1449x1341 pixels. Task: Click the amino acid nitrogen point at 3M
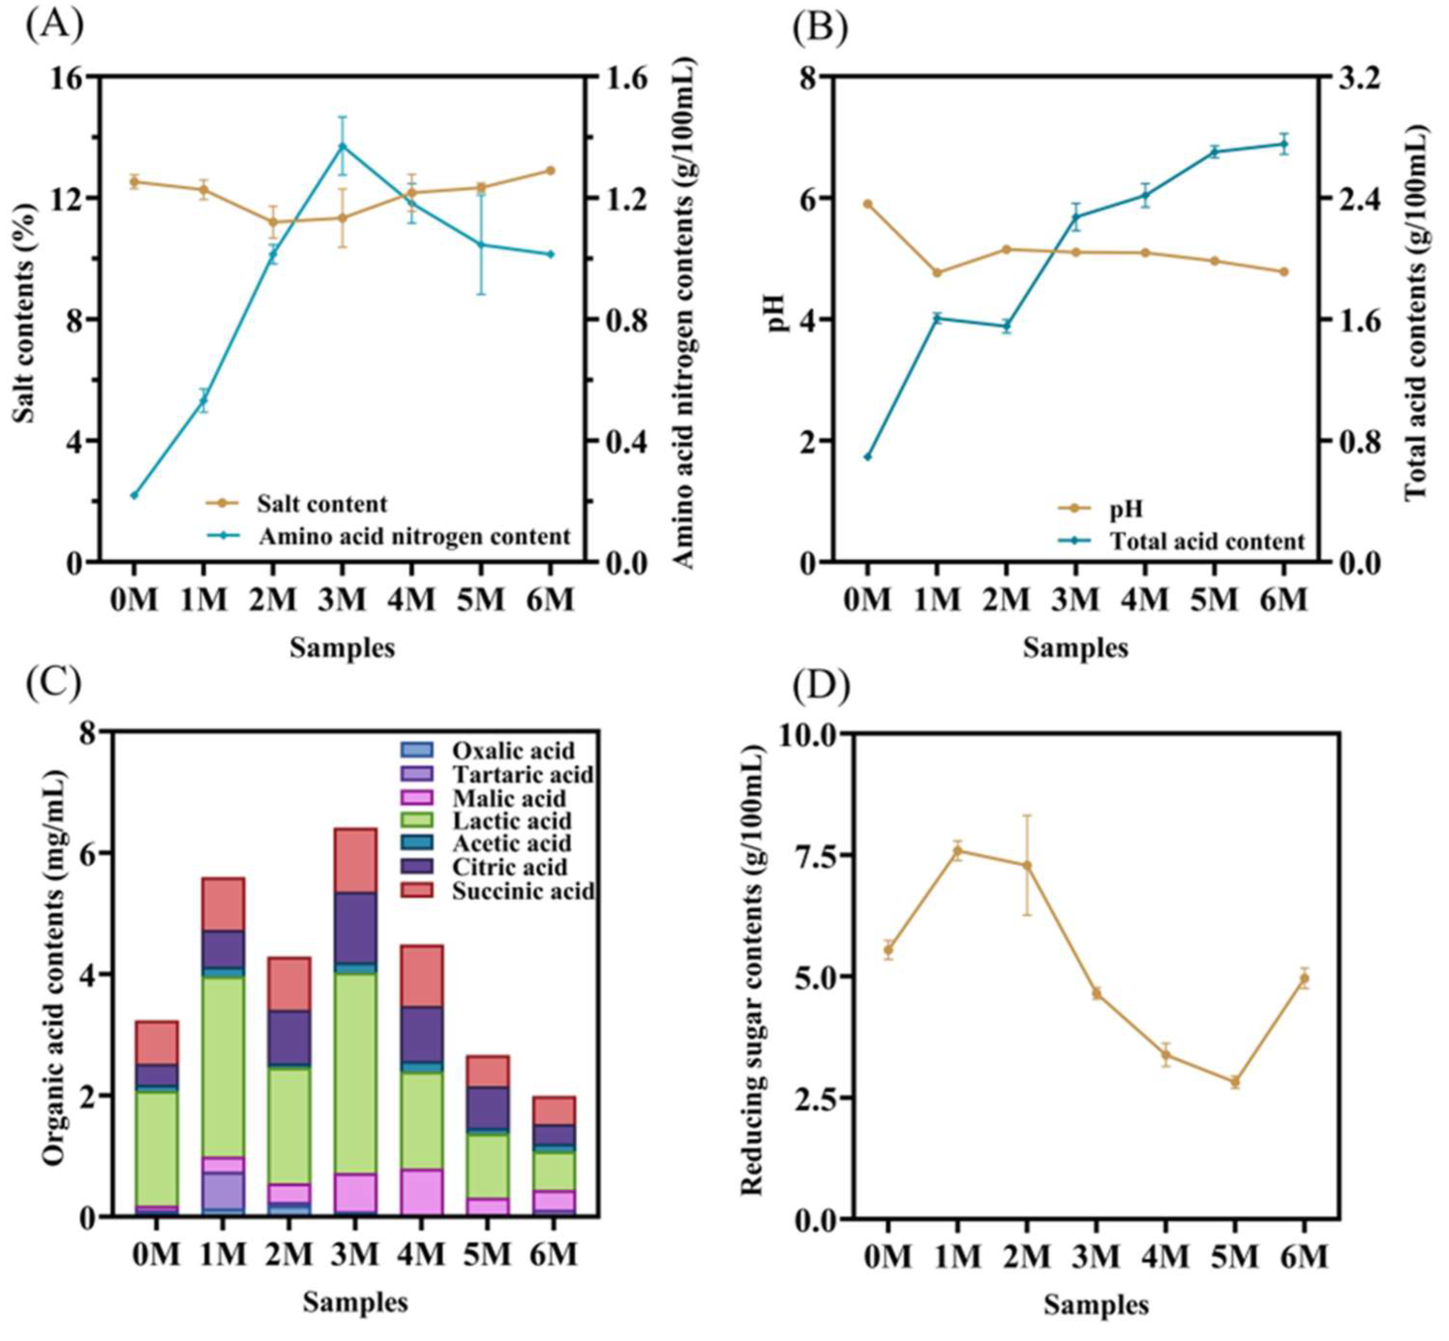click(343, 146)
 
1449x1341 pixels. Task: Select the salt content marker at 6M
click(550, 170)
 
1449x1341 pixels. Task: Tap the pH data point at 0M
click(867, 204)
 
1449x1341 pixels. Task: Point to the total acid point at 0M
click(867, 456)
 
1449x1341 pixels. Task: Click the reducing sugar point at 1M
click(958, 850)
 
